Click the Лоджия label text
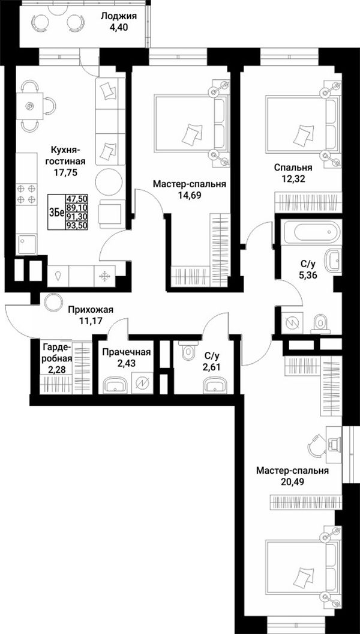pos(119,17)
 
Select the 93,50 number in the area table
pos(77,226)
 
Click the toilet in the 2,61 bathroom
pos(188,351)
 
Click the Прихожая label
pos(90,310)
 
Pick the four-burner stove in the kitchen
pos(26,194)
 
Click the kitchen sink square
pos(26,244)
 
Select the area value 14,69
pos(190,195)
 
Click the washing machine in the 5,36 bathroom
pos(292,322)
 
